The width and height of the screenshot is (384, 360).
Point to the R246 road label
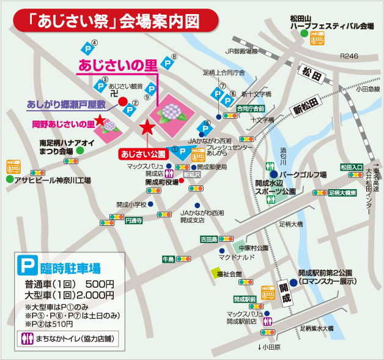349,56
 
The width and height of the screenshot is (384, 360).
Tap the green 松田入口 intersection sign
352,167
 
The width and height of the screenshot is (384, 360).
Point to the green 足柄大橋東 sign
342,192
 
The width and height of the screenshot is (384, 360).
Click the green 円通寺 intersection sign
133,220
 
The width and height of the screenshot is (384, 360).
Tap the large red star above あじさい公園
147,128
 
